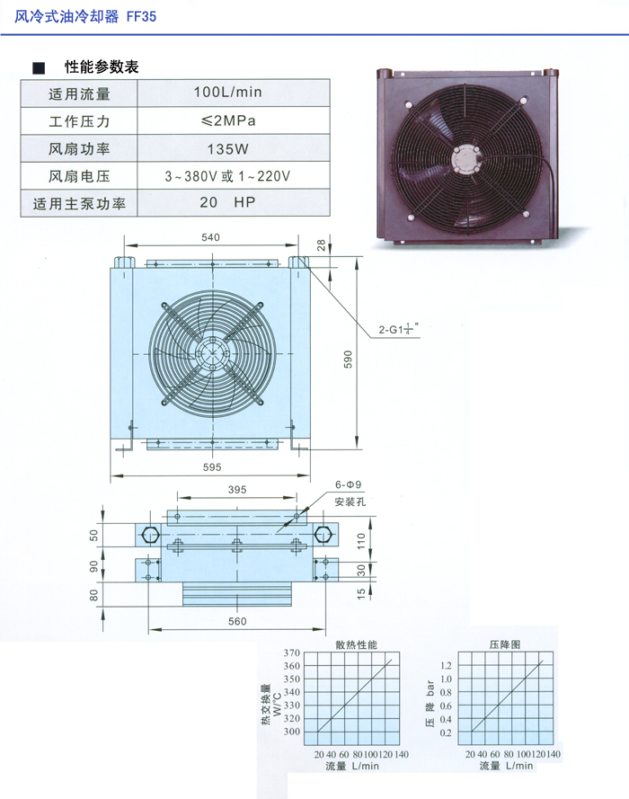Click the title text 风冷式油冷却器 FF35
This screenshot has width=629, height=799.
click(x=85, y=17)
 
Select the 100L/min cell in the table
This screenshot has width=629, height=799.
click(x=227, y=93)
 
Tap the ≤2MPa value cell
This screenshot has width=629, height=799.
click(x=227, y=120)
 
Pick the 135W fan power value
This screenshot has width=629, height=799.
click(x=227, y=149)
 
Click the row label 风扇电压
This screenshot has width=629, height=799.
click(x=79, y=176)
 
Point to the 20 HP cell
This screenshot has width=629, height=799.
click(x=227, y=202)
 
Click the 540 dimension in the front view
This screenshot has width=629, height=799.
click(x=210, y=237)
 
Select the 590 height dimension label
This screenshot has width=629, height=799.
click(x=348, y=360)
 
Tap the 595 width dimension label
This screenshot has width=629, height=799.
click(x=212, y=466)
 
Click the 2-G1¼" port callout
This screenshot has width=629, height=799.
click(x=398, y=329)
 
